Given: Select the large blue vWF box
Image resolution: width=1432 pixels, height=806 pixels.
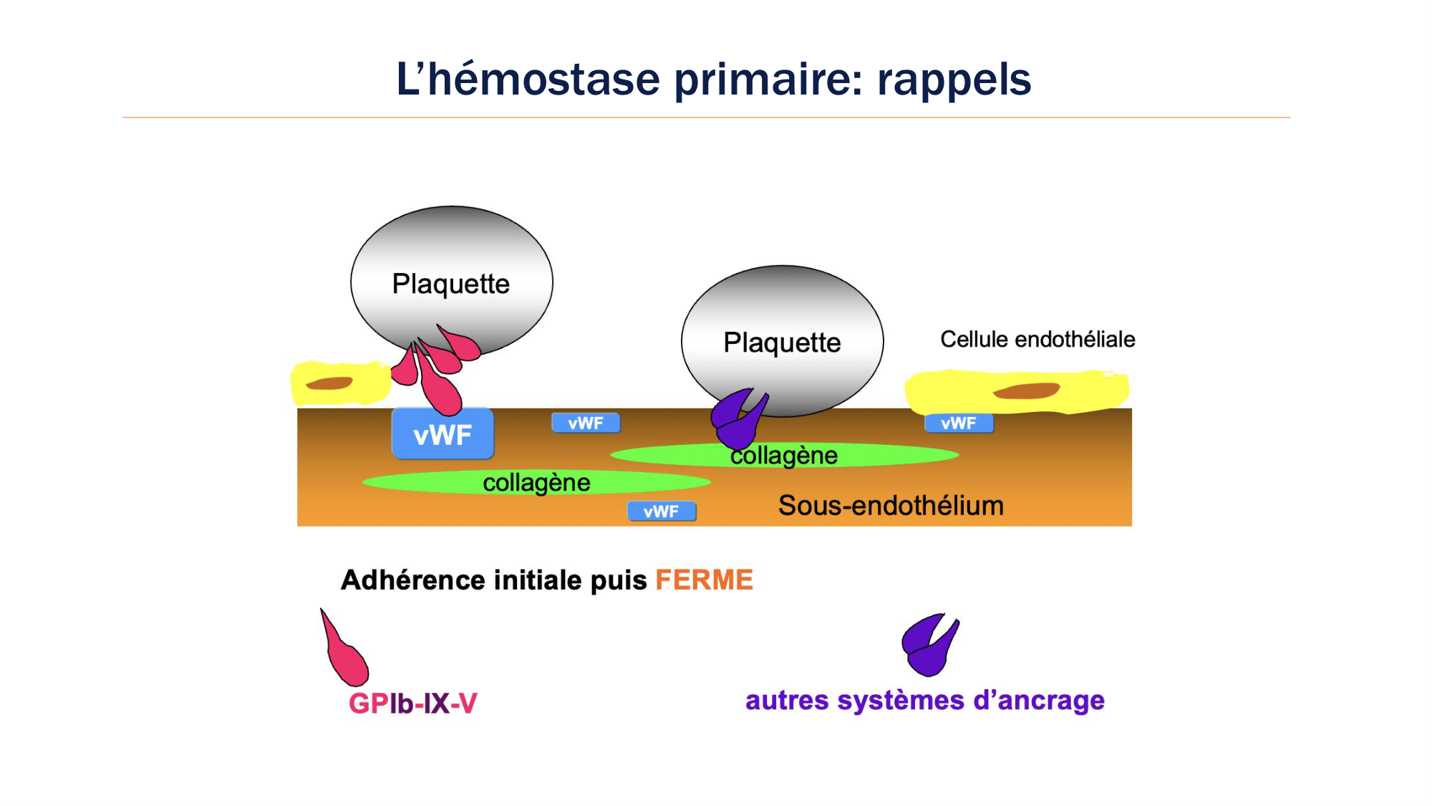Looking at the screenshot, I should tap(442, 434).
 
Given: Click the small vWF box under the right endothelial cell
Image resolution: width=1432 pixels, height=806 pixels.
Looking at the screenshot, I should tap(959, 423).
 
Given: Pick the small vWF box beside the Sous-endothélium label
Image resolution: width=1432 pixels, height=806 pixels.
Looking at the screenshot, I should tap(662, 512).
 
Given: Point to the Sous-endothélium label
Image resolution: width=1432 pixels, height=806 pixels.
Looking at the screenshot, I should tap(891, 506).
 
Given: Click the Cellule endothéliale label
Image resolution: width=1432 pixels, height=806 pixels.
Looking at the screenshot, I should tap(1037, 340).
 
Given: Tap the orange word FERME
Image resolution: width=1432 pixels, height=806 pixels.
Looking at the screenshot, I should tap(704, 580).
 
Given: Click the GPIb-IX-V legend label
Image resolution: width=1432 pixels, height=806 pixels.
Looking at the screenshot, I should tap(412, 704).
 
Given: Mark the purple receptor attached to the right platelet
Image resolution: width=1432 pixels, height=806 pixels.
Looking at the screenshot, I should tap(737, 420).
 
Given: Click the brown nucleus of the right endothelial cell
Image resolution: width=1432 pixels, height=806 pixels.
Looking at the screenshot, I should tap(1026, 391).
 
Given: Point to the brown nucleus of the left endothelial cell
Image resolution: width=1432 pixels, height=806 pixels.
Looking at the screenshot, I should tap(329, 383).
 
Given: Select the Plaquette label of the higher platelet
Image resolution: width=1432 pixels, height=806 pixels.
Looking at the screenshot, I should tap(450, 284).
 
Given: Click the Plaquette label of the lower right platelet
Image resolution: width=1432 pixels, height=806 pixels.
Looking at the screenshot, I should tap(782, 342).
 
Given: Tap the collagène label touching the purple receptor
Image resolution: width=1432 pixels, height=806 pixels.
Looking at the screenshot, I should tap(784, 456).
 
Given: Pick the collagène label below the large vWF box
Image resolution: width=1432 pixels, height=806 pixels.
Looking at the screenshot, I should tap(536, 483).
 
